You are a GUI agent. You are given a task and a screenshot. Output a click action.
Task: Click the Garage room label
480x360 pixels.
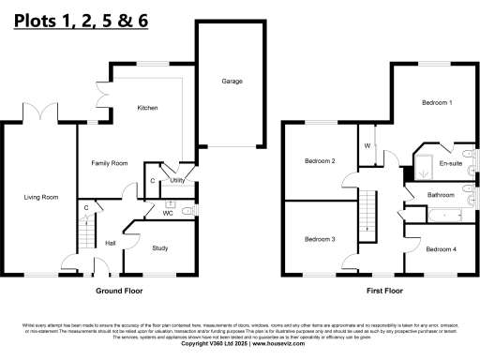coord(232,82)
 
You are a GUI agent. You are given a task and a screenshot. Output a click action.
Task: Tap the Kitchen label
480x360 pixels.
coord(147,108)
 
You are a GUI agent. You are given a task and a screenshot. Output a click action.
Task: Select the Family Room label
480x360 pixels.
coord(109,163)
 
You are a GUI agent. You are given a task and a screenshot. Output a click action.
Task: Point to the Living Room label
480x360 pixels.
coord(41,197)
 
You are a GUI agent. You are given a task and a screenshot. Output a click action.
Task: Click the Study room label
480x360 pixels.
coord(160,247)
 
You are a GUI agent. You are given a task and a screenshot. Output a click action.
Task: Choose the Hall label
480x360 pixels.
coord(110,243)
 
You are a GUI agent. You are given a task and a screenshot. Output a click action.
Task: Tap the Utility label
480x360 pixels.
coord(175,179)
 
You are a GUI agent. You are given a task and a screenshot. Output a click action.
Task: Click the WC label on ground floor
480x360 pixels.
coord(168,213)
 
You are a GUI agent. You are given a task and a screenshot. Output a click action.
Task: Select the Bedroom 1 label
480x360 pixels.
coord(436,101)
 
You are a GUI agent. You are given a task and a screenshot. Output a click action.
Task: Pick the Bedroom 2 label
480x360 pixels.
coord(320,161)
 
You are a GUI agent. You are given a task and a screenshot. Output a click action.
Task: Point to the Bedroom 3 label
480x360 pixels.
coord(320,239)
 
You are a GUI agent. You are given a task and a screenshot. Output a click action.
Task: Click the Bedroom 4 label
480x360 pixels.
coord(441,248)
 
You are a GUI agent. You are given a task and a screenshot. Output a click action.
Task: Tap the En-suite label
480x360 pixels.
coord(451,163)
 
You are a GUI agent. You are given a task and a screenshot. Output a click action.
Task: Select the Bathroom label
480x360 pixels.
coord(441,195)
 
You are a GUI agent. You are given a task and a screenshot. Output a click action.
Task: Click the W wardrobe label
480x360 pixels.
coord(367,146)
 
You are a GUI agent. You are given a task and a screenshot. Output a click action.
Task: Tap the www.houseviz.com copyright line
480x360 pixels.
coord(240,343)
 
